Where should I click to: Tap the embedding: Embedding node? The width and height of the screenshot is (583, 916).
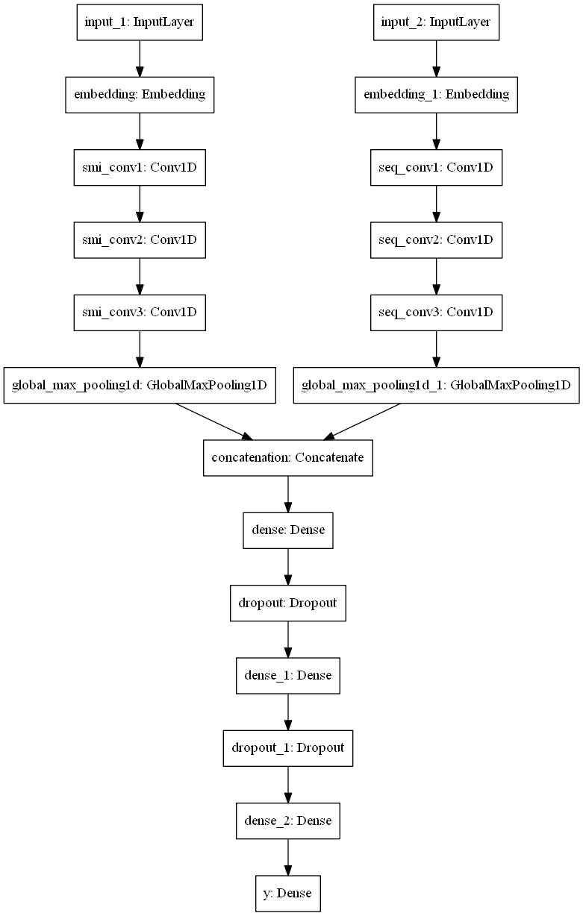point(139,95)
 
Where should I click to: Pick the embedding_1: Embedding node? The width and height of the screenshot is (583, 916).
point(436,95)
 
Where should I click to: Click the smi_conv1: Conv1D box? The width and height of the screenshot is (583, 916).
point(139,167)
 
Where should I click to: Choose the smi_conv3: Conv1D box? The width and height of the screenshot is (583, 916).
point(139,312)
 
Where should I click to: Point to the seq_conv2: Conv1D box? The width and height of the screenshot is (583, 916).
point(436,239)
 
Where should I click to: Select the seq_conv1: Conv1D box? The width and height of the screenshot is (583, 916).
point(436,167)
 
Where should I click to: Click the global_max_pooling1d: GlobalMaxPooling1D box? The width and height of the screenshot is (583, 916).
point(139,385)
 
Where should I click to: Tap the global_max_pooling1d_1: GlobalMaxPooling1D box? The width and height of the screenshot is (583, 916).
point(436,385)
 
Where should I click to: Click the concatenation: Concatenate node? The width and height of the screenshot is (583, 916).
point(287,457)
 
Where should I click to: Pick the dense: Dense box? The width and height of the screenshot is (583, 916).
point(287,530)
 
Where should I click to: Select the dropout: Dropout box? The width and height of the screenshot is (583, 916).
point(287,602)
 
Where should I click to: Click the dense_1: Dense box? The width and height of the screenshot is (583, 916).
point(287,674)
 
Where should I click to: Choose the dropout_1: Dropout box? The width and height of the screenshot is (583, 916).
point(287,747)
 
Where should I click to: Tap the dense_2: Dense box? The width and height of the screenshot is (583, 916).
point(287,820)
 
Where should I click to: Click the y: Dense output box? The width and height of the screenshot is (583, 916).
point(287,892)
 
